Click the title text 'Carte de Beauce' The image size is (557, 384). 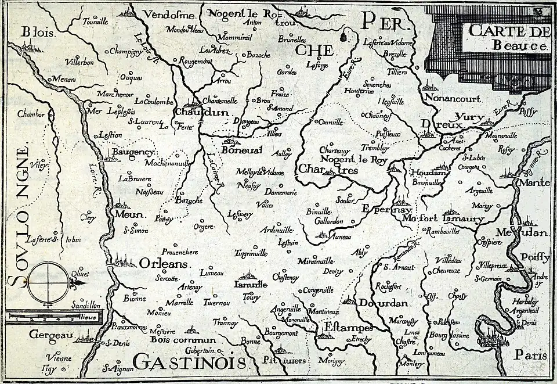508,37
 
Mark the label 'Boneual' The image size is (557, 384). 242,150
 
